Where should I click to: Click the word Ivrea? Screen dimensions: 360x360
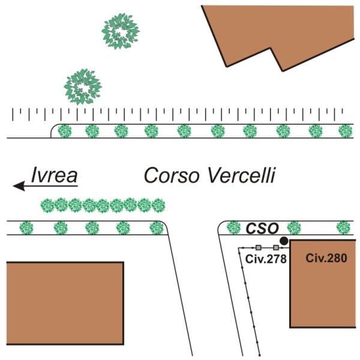(x=55, y=175)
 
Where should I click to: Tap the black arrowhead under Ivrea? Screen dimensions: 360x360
(x=19, y=187)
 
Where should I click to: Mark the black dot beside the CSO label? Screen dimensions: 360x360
(x=284, y=241)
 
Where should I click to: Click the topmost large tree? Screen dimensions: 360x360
(x=120, y=30)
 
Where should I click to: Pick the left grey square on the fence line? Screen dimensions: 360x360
(x=258, y=247)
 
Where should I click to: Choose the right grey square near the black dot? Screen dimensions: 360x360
(x=276, y=247)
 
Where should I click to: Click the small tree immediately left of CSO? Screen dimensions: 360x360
(x=234, y=227)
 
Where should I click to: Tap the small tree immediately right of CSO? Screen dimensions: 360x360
(x=293, y=227)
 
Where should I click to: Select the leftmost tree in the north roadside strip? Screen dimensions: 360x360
(x=64, y=130)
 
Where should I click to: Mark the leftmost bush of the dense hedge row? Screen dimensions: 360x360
(x=48, y=206)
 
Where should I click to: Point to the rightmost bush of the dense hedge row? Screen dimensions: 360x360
(x=158, y=206)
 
